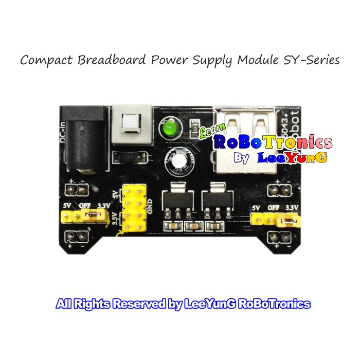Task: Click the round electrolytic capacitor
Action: point(177,161)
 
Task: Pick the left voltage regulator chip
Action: point(177,204)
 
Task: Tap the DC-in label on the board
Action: point(63,131)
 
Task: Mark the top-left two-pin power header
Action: point(78,191)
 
